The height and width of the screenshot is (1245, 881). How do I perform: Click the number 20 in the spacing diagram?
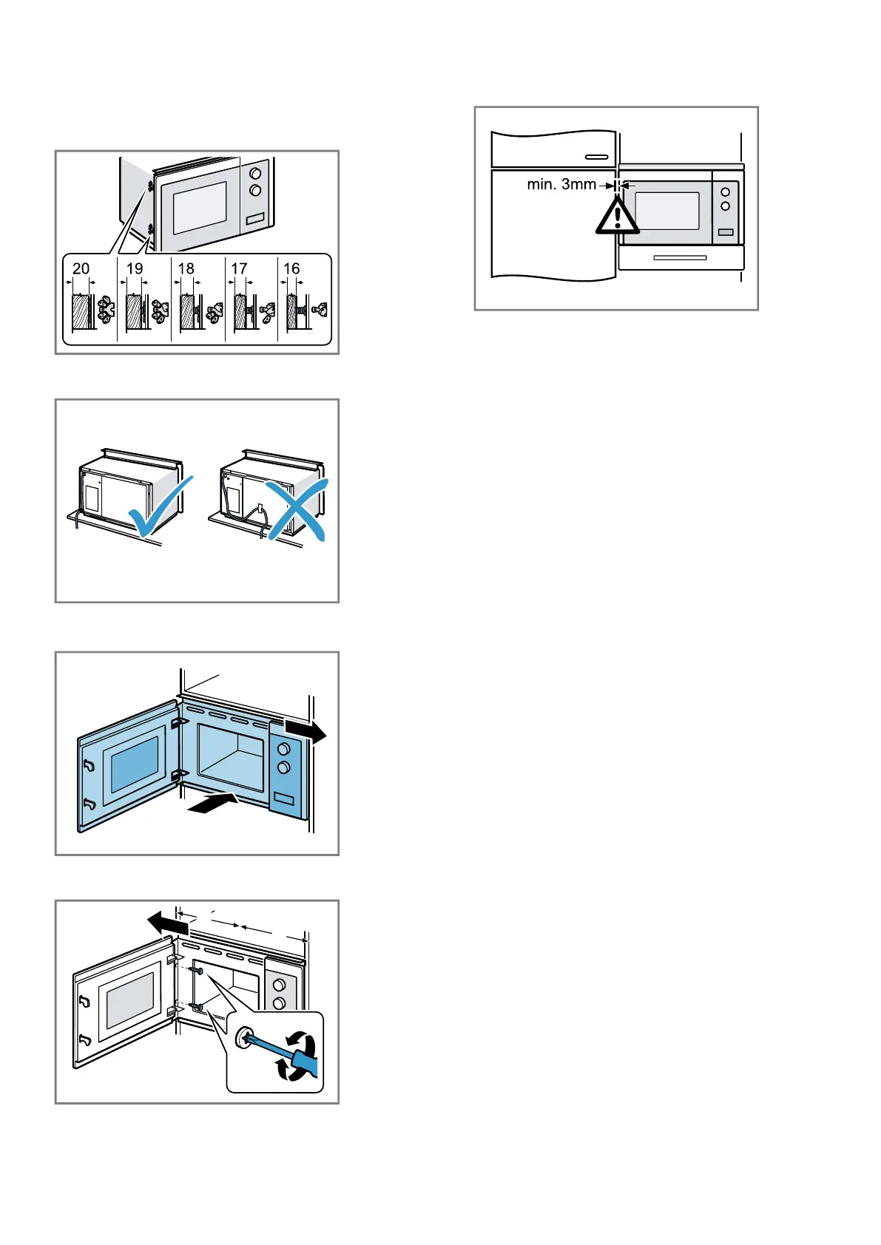tap(81, 268)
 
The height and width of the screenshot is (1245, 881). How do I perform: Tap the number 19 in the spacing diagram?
tap(135, 268)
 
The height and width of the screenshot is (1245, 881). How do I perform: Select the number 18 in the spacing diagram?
tap(186, 268)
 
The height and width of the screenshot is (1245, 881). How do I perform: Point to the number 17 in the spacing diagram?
tap(239, 268)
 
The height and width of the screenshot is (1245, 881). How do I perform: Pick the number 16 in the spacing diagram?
tap(291, 268)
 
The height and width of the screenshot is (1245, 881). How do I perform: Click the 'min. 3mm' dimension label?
tap(561, 185)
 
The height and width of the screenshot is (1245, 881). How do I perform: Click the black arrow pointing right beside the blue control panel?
tap(305, 731)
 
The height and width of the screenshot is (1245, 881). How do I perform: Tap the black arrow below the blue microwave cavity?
tap(212, 804)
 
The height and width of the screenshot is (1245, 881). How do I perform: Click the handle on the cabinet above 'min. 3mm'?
tap(596, 157)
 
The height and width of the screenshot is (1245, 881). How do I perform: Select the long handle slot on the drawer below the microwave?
tap(680, 258)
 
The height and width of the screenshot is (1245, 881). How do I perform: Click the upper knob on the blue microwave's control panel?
tap(283, 749)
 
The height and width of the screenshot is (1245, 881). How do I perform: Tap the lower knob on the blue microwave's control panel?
tap(283, 768)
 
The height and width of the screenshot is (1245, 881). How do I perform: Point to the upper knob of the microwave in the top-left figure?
tap(255, 174)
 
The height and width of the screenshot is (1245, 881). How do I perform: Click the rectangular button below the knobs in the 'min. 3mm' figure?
tap(726, 232)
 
